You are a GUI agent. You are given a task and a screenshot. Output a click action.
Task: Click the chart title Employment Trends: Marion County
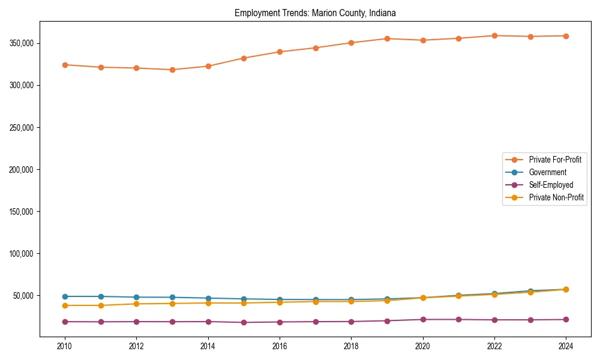click(315, 13)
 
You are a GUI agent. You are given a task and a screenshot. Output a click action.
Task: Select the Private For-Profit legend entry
click(555, 160)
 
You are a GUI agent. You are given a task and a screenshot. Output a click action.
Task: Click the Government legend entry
click(547, 172)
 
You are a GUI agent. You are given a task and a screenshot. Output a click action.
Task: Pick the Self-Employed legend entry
click(551, 185)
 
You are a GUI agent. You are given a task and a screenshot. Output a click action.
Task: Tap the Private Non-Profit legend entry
click(556, 197)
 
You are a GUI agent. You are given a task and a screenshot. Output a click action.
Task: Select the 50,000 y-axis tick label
click(23, 295)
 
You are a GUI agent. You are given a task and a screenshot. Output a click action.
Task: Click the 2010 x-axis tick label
click(65, 346)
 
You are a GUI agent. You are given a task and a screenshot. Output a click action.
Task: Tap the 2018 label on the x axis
click(351, 346)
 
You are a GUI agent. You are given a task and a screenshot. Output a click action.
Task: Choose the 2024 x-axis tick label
click(566, 346)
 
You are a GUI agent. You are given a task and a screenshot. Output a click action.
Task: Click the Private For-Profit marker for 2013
click(172, 70)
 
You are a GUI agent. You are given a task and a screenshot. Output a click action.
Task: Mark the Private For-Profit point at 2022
click(494, 35)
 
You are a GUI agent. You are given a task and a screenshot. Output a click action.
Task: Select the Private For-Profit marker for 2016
click(280, 52)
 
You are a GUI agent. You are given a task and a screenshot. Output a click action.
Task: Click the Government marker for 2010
click(65, 296)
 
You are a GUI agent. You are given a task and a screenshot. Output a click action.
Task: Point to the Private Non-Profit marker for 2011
click(101, 305)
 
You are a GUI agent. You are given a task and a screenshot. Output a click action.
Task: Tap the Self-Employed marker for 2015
click(244, 322)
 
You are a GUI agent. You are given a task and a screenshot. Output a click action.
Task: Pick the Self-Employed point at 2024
click(566, 319)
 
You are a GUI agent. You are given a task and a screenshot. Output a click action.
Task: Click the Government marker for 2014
click(208, 298)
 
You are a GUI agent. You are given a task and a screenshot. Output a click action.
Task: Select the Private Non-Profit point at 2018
click(351, 301)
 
